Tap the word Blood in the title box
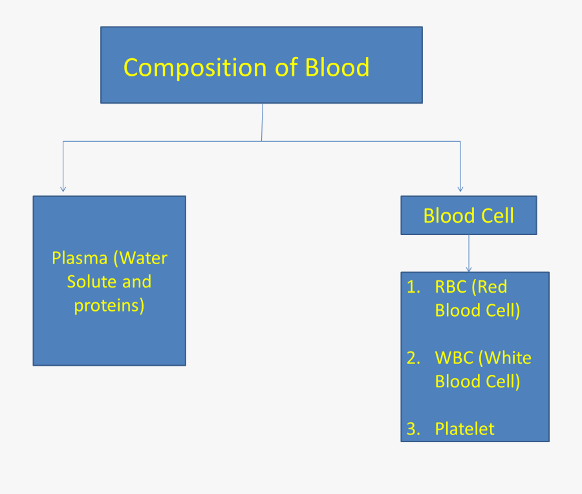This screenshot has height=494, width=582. [337, 67]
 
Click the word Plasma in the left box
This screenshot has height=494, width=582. [80, 258]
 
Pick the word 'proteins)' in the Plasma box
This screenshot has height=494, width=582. [109, 305]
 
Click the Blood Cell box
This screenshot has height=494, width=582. [468, 216]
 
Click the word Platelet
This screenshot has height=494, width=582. [464, 429]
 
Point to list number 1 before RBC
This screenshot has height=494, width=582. [413, 287]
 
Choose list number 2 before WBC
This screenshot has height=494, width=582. [413, 358]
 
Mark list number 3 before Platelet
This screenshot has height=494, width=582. [413, 429]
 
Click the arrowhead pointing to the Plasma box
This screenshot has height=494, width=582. [63, 188]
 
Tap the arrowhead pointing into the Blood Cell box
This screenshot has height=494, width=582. [460, 188]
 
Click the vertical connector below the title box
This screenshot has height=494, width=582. [262, 122]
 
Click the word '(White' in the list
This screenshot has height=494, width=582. [507, 358]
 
